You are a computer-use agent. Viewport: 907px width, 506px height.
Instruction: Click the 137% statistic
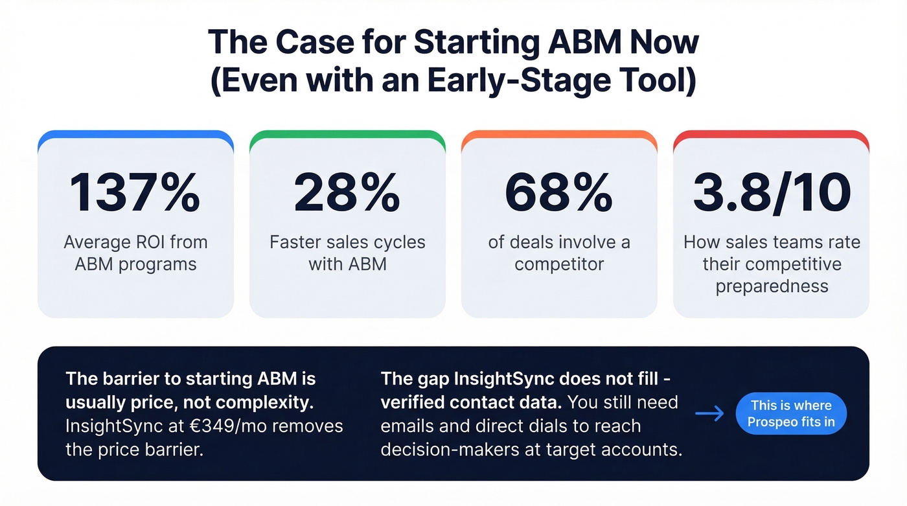coord(135,193)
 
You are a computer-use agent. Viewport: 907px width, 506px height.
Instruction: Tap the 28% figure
coord(347,193)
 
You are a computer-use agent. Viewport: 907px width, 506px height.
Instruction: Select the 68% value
coord(558,193)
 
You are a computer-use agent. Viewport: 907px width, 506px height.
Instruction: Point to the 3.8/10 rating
coord(771,193)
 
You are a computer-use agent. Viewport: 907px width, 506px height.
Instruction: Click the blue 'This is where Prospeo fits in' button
coord(791,414)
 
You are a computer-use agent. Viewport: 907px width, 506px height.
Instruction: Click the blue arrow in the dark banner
coord(709,413)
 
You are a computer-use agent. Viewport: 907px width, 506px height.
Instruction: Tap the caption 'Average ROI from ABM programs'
coord(135,253)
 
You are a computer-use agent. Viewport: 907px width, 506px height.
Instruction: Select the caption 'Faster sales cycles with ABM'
coord(347,253)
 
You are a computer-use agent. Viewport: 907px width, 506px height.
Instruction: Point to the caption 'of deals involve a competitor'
coord(558,253)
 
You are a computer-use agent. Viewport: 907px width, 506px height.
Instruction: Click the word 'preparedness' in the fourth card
coord(772,286)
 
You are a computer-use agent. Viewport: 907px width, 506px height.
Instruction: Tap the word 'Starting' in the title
coord(477,42)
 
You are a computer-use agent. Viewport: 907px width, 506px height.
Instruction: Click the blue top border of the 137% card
coord(135,134)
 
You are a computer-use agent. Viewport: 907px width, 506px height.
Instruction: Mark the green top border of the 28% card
coord(347,134)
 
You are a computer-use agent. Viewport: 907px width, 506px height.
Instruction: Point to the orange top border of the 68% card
coord(558,134)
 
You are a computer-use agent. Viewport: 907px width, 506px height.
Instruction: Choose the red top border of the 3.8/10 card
coord(771,134)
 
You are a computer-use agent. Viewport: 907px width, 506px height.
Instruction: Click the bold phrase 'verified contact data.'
coord(471,402)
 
